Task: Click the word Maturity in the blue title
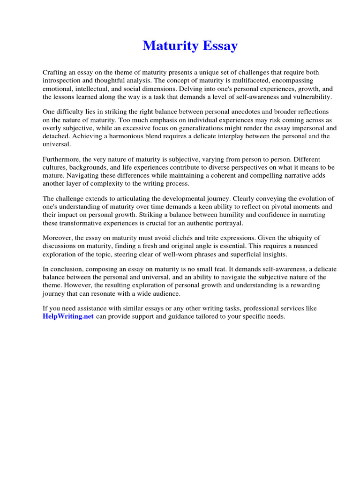tap(167, 46)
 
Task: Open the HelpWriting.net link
tap(68, 316)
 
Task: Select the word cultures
tap(55, 167)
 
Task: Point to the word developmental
tap(165, 198)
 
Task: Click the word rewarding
tap(311, 285)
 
